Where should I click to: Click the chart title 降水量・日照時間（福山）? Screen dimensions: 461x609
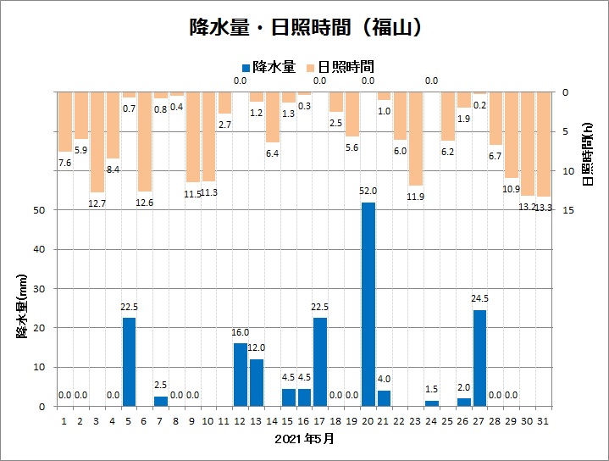[304, 27]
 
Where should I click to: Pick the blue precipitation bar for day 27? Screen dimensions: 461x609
[479, 358]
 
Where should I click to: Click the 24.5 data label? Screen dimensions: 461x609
[480, 299]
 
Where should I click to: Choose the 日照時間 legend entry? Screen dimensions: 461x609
[340, 66]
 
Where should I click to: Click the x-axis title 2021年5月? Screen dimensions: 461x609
[305, 439]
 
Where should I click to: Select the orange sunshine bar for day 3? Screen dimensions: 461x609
[97, 142]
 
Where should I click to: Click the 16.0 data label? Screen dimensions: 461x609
[241, 333]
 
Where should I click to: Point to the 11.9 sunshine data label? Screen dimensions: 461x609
[416, 197]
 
